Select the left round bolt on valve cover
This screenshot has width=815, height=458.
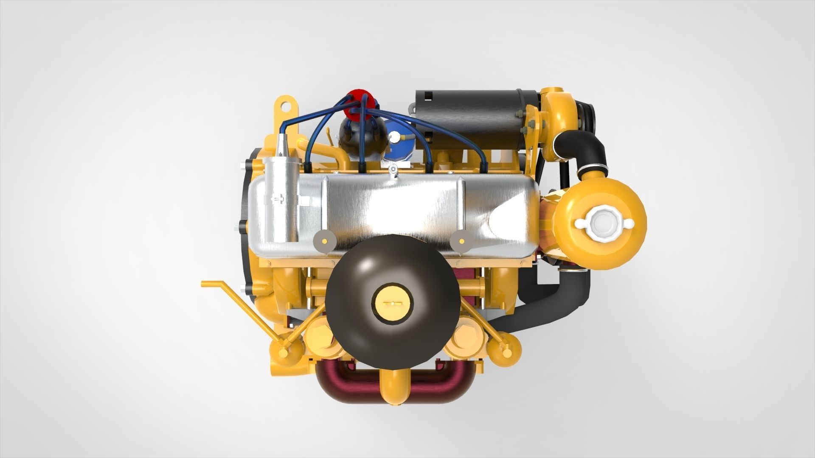click(325, 241)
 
